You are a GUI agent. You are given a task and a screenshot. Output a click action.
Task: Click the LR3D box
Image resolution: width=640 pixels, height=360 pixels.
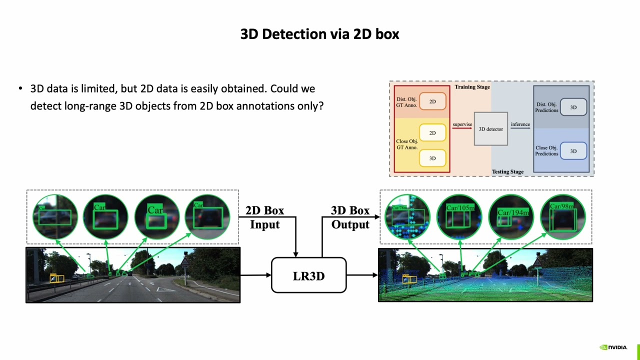pos(308,275)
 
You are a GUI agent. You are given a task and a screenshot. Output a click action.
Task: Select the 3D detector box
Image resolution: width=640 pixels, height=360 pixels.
pos(491,129)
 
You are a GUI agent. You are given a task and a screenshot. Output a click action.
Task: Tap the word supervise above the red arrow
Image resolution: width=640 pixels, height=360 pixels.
pos(462,124)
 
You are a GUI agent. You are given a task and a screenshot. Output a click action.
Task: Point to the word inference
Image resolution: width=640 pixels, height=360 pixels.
pos(520,124)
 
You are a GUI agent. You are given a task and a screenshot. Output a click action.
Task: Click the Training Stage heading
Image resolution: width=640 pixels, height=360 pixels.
pos(472,87)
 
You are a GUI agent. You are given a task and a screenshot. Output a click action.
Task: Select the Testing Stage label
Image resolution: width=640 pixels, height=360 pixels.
pos(507,171)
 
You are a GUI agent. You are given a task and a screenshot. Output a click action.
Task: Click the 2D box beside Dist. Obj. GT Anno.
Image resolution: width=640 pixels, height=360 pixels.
pos(432,101)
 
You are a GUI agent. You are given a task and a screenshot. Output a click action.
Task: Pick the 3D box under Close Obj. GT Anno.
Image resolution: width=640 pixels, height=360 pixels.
pos(432,158)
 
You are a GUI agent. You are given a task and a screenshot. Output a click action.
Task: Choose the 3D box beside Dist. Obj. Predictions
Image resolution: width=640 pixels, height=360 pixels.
pos(573,107)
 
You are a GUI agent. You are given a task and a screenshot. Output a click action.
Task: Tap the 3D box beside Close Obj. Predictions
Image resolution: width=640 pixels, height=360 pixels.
pos(573,151)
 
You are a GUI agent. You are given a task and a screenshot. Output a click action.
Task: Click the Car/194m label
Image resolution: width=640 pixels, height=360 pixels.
pos(513,212)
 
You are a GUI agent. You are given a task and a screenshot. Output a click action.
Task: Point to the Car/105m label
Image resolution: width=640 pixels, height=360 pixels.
pos(459,207)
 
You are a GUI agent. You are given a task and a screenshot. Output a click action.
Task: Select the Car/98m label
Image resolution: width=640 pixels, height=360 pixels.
pos(562,206)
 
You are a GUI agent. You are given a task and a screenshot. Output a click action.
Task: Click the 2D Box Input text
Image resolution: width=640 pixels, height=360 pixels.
pos(265,217)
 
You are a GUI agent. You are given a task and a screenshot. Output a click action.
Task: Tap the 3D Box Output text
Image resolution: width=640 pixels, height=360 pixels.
pos(350,217)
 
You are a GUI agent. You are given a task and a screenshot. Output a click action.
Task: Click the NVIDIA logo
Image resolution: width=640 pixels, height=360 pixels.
pos(613,347)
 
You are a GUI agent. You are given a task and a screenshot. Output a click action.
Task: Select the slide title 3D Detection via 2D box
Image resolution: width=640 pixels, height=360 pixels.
pos(319,34)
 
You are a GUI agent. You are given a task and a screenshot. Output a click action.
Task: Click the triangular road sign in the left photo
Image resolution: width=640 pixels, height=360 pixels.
pos(185,261)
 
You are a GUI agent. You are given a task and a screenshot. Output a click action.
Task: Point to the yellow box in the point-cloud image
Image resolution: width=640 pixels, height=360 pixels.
pos(409,278)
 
